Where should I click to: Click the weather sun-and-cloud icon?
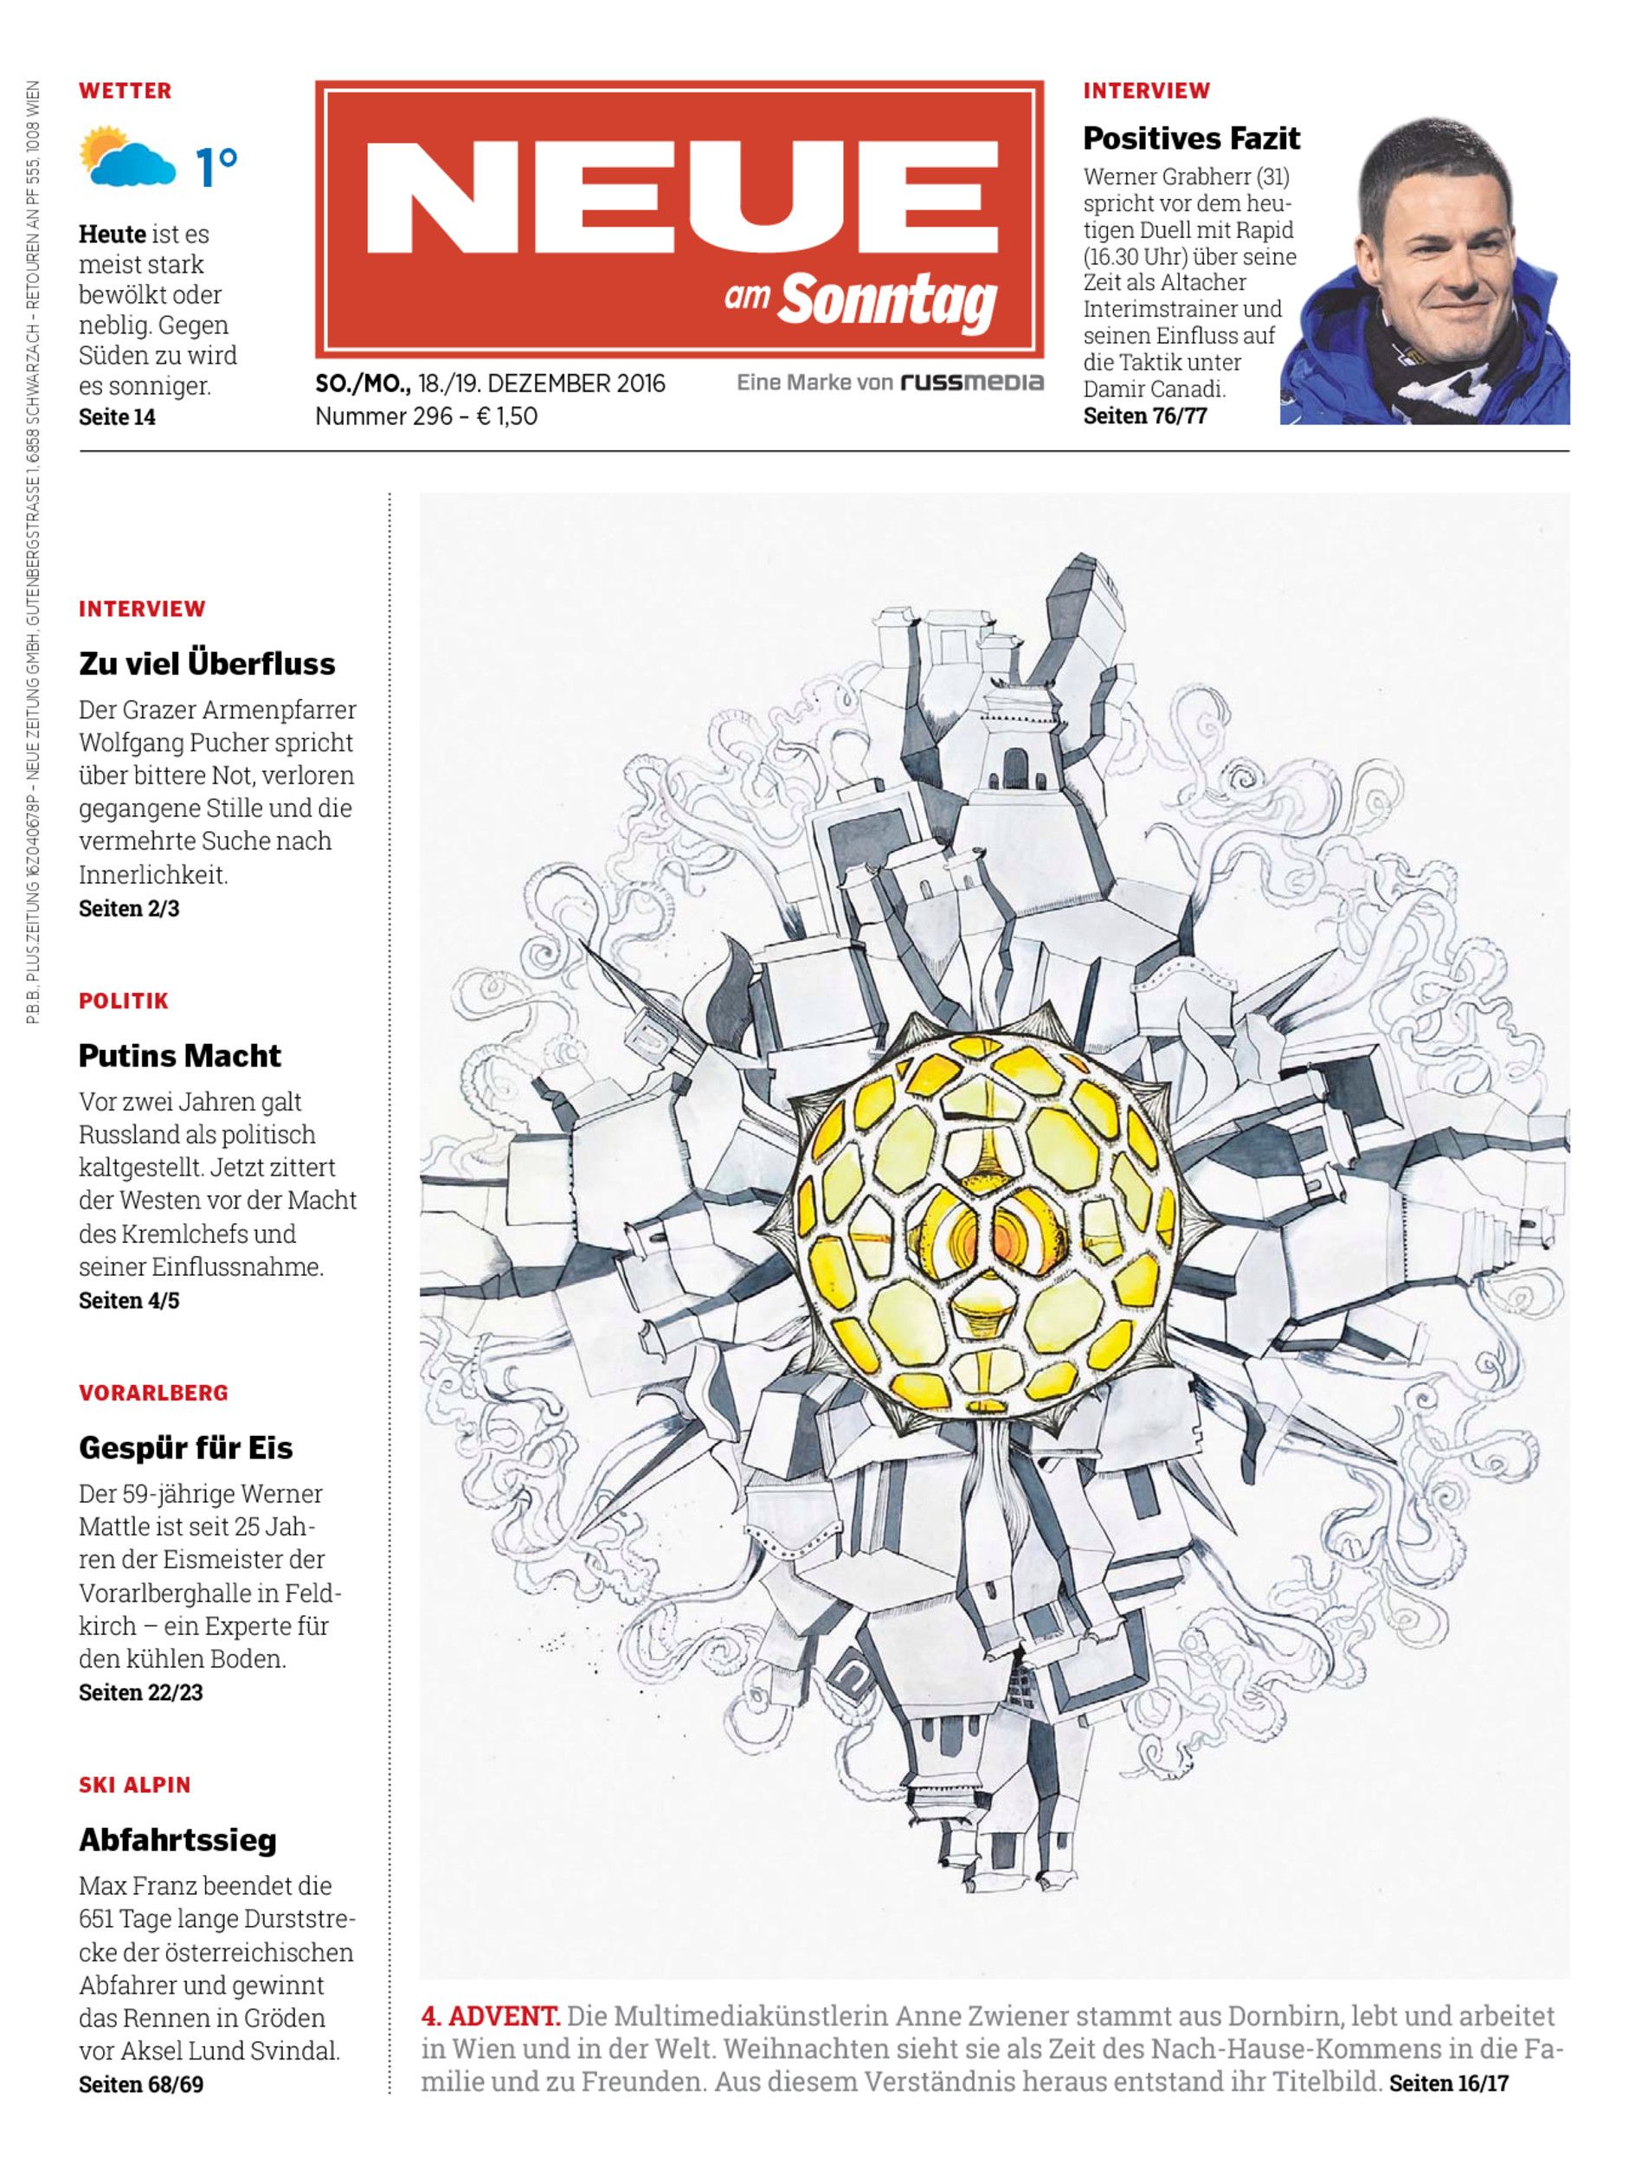pyautogui.click(x=126, y=157)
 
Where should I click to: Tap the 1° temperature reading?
pyautogui.click(x=216, y=167)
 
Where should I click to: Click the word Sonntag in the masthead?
pyautogui.click(x=888, y=301)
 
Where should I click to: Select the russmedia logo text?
pyautogui.click(x=971, y=383)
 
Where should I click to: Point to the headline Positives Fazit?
pyautogui.click(x=1191, y=139)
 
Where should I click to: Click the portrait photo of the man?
pyautogui.click(x=1425, y=273)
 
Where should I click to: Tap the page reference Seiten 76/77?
pyautogui.click(x=1145, y=416)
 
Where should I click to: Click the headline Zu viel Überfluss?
pyautogui.click(x=207, y=664)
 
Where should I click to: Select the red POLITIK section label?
pyautogui.click(x=124, y=1001)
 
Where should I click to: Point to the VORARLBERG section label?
pyautogui.click(x=153, y=1393)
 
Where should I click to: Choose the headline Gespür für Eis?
pyautogui.click(x=185, y=1448)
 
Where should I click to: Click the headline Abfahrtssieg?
pyautogui.click(x=177, y=1839)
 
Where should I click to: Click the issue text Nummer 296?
pyautogui.click(x=383, y=416)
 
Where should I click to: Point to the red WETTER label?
pyautogui.click(x=126, y=91)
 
